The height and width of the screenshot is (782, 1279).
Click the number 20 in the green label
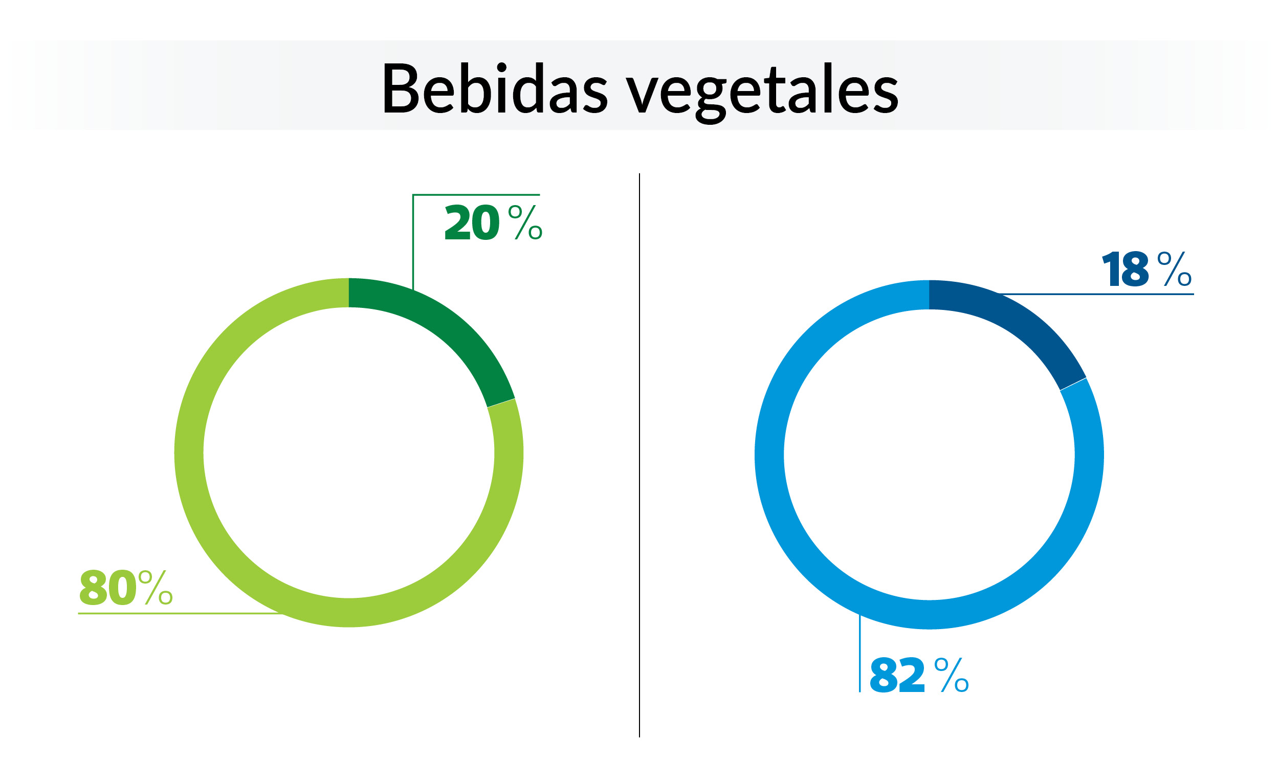point(472,222)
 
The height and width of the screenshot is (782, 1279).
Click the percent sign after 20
point(525,222)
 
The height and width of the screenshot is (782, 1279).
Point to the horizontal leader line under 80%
point(177,613)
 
